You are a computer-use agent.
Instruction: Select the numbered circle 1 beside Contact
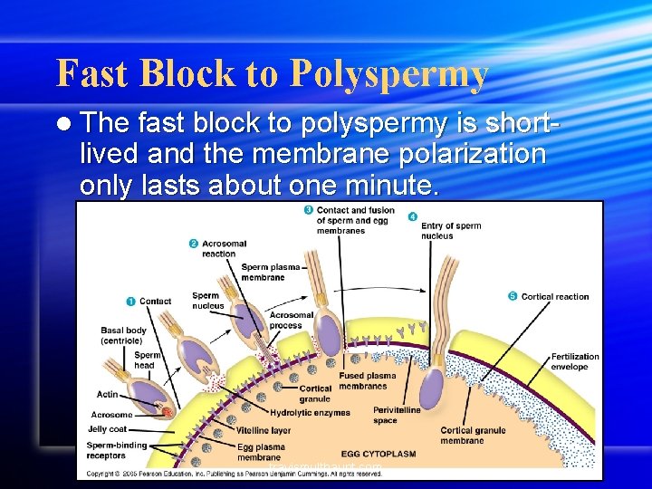click(x=130, y=301)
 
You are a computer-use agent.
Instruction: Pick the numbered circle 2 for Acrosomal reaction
click(x=194, y=244)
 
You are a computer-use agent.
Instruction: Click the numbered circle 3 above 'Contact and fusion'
click(x=309, y=211)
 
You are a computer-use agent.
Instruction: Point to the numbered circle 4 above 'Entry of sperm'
click(x=413, y=216)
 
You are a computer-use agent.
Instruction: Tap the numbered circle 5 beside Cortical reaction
click(x=513, y=296)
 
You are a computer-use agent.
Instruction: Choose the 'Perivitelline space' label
click(x=396, y=416)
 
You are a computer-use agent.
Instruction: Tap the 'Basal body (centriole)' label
click(x=123, y=336)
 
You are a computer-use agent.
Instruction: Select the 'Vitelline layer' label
click(x=264, y=430)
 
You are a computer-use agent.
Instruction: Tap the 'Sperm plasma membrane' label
click(x=270, y=273)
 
